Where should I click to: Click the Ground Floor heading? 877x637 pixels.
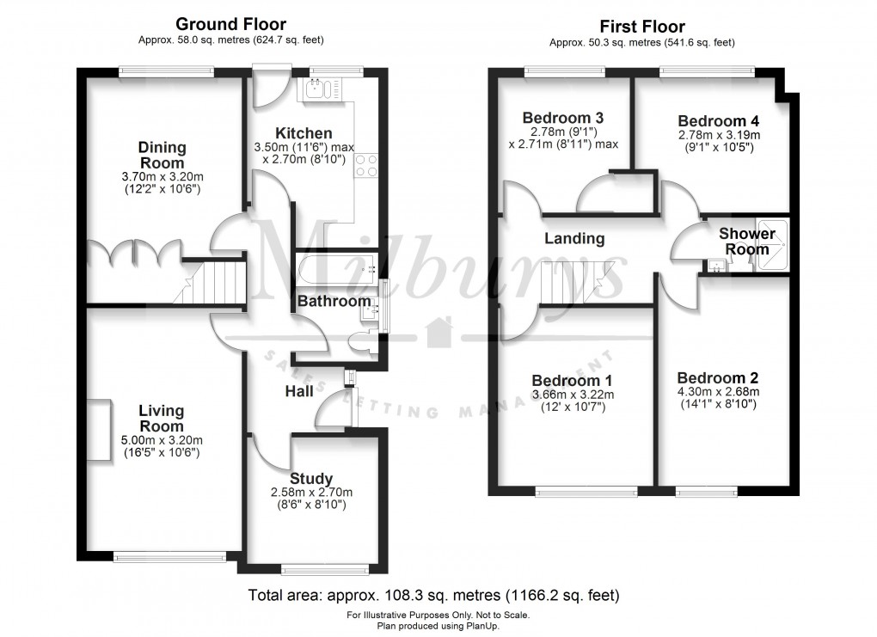click(x=231, y=24)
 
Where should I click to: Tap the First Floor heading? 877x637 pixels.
click(x=641, y=27)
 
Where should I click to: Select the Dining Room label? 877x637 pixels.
click(x=162, y=156)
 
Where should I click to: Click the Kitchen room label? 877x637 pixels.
click(x=304, y=133)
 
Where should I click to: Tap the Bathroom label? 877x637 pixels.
click(x=334, y=301)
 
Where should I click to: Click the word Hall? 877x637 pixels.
click(x=298, y=392)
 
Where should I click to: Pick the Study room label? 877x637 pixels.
click(x=311, y=479)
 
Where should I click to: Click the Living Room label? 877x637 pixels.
click(x=162, y=419)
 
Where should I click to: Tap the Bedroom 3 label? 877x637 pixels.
click(x=562, y=118)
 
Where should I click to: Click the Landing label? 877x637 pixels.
click(x=575, y=239)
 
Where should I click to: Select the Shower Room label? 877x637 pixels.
click(x=746, y=241)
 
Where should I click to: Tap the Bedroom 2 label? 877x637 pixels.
click(x=717, y=378)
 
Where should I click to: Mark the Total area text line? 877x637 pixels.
click(x=433, y=595)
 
